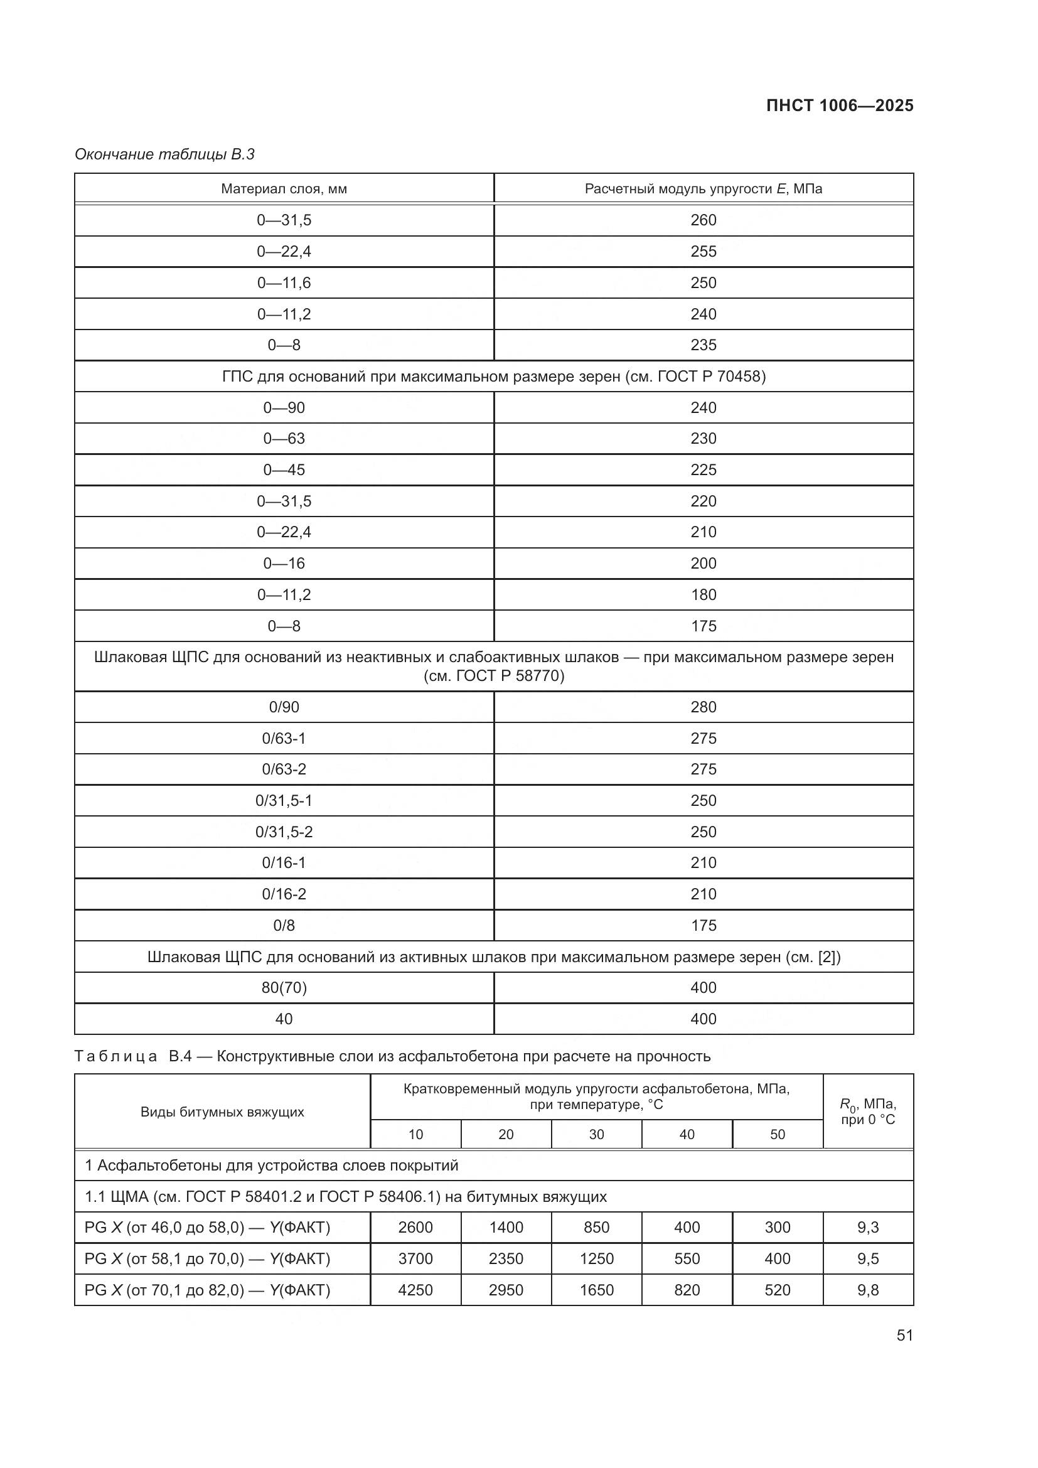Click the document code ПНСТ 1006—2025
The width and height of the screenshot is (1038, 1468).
[839, 105]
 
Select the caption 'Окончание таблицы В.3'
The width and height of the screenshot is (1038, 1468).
[164, 154]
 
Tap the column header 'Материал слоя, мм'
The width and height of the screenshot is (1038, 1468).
[284, 189]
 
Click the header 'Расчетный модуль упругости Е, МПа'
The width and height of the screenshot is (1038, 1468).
[703, 189]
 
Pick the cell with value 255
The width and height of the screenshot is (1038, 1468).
[703, 251]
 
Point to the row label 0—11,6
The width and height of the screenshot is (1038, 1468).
[284, 282]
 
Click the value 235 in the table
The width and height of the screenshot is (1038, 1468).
[703, 345]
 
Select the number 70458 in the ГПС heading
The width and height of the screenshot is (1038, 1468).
[741, 377]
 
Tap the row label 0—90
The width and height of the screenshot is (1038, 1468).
[284, 408]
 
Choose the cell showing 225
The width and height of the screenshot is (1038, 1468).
[703, 470]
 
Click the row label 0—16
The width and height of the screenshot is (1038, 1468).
[284, 563]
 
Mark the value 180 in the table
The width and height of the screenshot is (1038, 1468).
[703, 594]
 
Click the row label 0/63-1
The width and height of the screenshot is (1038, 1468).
[284, 739]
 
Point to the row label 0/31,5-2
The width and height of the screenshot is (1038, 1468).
[284, 832]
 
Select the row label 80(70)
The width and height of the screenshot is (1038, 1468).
[284, 988]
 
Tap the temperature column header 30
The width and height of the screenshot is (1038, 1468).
[596, 1135]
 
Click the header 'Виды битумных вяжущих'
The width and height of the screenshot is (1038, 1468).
[222, 1112]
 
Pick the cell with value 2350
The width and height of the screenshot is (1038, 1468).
[506, 1259]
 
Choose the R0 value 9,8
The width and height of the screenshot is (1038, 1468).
[868, 1290]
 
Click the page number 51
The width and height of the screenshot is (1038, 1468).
[904, 1336]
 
